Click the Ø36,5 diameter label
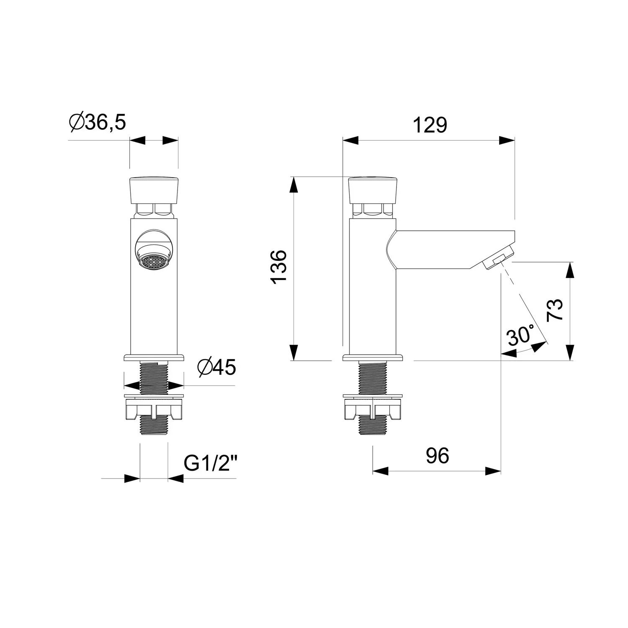[x=97, y=122]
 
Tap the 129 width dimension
[x=430, y=125]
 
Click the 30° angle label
[x=520, y=335]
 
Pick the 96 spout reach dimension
[x=438, y=456]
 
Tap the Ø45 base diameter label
[x=217, y=367]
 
